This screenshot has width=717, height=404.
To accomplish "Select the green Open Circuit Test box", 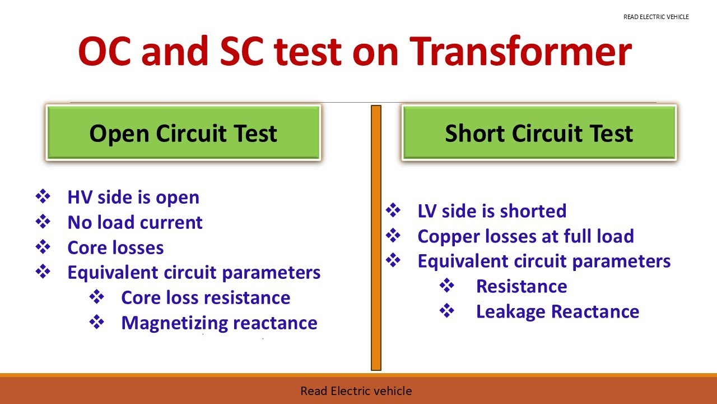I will (183, 133).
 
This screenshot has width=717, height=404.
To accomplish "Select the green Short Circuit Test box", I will (539, 133).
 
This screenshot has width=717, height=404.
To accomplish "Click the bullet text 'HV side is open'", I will (133, 198).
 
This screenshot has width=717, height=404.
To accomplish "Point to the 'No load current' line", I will (135, 222).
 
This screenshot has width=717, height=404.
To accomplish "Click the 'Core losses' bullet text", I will (115, 247).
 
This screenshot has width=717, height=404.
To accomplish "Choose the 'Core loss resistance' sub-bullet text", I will (206, 297).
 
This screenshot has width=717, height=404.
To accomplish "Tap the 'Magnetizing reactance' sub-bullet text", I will (219, 323).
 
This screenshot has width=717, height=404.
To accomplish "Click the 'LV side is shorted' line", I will (492, 211).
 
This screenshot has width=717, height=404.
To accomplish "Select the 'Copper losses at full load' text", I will (525, 236).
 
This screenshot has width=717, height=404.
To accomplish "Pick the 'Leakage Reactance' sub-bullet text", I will (557, 311).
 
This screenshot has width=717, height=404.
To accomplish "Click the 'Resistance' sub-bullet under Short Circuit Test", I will (522, 286).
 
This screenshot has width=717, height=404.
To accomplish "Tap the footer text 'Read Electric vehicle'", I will (356, 391).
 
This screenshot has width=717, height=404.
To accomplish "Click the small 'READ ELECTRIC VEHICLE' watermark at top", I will (656, 17).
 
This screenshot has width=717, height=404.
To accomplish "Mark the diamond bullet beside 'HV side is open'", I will (43, 196).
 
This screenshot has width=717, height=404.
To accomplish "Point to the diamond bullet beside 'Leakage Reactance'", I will (447, 311).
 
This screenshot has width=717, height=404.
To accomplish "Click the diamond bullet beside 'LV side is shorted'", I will (394, 210).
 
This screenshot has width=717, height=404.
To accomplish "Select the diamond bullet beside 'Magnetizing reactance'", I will (97, 322).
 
